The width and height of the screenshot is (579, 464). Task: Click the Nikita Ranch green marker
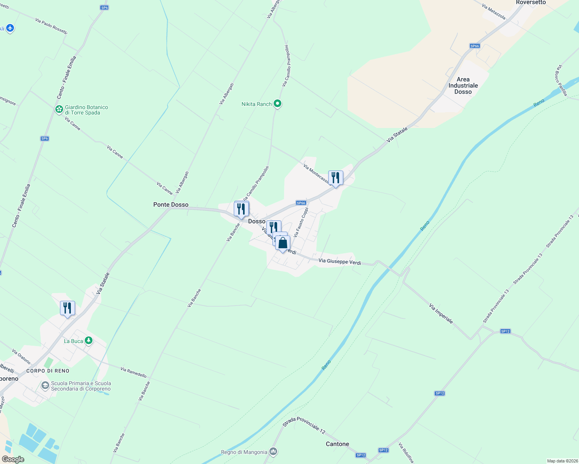(x=277, y=104)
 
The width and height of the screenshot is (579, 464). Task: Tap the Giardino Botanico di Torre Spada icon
(x=59, y=109)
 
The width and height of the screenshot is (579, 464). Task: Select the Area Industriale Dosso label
(x=463, y=85)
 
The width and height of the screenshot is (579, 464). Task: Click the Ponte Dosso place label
(x=171, y=205)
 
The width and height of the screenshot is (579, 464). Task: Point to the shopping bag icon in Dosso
(x=283, y=243)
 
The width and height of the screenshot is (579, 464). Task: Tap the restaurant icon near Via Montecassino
(x=336, y=178)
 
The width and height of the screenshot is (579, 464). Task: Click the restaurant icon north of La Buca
(x=68, y=308)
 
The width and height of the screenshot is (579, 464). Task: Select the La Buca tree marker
(x=89, y=341)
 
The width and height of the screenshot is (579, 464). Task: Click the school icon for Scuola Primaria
(x=45, y=386)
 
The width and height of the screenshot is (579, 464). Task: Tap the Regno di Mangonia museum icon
(x=273, y=451)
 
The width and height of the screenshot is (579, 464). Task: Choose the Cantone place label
(x=337, y=444)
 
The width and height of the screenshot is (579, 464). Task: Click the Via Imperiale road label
(x=441, y=313)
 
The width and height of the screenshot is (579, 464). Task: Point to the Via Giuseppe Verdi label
(x=339, y=262)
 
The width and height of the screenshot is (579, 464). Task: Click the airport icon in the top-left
(x=10, y=28)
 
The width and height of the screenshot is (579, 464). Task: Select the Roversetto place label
(x=531, y=3)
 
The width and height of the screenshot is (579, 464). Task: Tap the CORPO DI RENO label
(x=48, y=371)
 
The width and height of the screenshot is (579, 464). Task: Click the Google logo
(x=13, y=459)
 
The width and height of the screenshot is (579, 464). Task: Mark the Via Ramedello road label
(x=134, y=372)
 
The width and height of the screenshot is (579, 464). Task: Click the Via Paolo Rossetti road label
(x=51, y=26)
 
